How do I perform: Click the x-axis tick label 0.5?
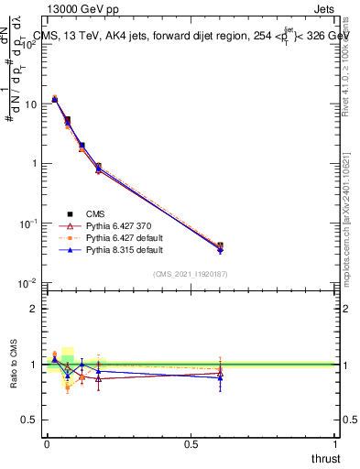(191, 444)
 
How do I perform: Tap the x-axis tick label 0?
(47, 444)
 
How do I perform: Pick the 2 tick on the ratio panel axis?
(35, 309)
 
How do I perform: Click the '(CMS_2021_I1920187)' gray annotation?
(191, 274)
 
